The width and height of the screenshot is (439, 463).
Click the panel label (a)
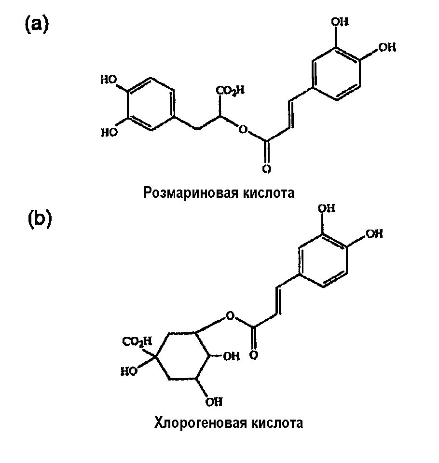(x=37, y=25)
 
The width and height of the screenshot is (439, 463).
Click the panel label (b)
(x=39, y=218)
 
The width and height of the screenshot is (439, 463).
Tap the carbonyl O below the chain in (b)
(x=254, y=355)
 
